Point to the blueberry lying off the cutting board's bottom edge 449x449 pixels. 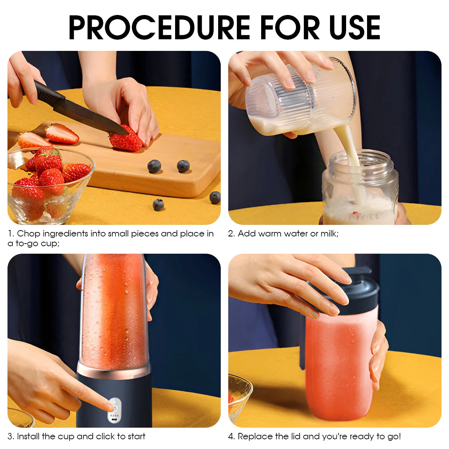coord(158,205)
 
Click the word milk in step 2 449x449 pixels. coord(328,234)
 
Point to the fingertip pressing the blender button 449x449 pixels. coord(109,406)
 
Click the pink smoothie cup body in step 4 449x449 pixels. coord(337,367)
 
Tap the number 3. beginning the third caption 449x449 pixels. coord(11,436)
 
